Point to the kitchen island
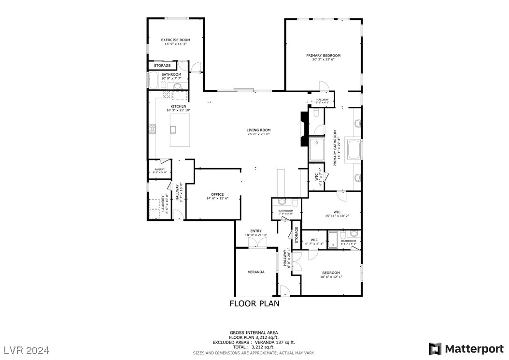point(180,129)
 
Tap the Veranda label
point(256,272)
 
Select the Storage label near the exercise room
point(162,65)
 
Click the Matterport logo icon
point(435,348)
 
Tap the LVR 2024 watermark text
point(27,349)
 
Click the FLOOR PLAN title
point(254,304)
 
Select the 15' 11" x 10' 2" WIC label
point(337,214)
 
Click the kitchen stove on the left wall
point(152,129)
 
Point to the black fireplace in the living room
point(304,129)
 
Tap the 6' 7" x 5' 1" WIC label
point(314,242)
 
